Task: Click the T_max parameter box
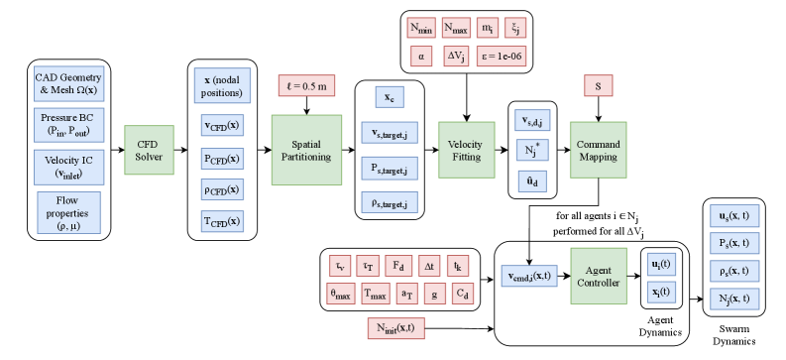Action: point(374,295)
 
